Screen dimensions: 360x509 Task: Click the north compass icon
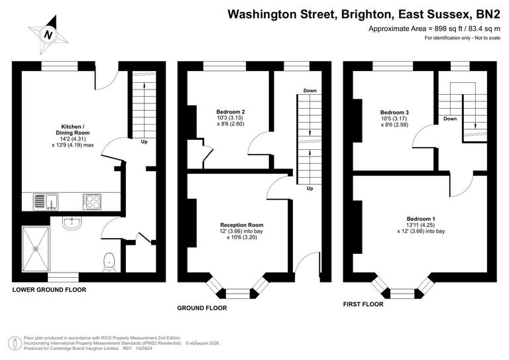tap(48, 34)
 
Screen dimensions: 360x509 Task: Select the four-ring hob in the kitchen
tap(91, 201)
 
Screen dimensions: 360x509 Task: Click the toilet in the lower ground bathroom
tap(108, 263)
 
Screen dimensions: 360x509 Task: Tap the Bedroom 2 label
tap(231, 111)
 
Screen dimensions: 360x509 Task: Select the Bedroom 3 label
tap(394, 112)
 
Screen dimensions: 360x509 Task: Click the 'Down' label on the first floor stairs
tap(450, 119)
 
